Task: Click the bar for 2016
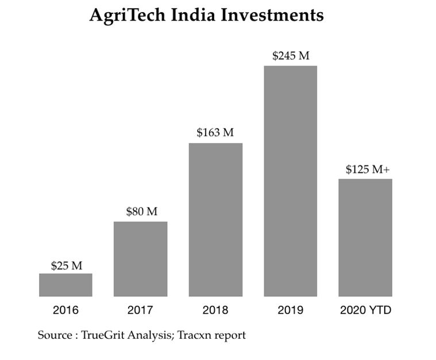[x=65, y=285]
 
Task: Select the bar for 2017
[x=140, y=259]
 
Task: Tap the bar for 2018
[x=215, y=220]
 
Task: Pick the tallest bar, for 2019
[x=290, y=181]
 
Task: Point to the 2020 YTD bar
[x=365, y=238]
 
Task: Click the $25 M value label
[x=66, y=266]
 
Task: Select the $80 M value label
[x=141, y=211]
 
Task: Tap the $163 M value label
[x=215, y=133]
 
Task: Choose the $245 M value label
[x=291, y=56]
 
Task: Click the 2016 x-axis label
[x=65, y=311]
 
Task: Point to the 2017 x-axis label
[x=140, y=311]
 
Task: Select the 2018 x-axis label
[x=215, y=311]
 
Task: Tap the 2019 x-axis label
[x=290, y=311]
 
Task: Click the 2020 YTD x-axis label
[x=365, y=311]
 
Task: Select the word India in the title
[x=192, y=15]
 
